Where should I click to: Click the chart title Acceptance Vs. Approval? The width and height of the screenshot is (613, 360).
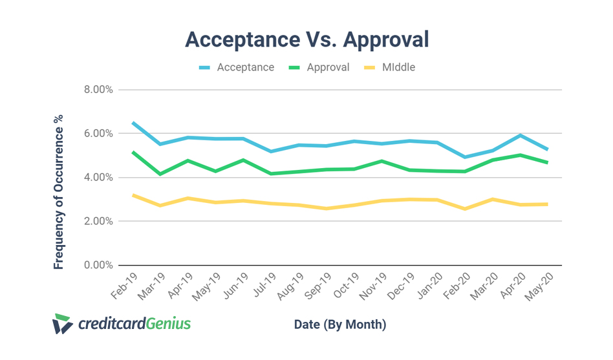(306, 39)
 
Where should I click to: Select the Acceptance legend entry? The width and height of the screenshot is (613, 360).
(245, 67)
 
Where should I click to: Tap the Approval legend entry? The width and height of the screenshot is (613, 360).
(328, 67)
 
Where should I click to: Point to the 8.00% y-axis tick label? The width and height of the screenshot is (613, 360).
(98, 90)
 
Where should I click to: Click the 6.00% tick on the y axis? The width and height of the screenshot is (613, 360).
(98, 134)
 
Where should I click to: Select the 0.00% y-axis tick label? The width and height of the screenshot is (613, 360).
(98, 265)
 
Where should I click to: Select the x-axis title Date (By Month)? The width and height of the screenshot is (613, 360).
(339, 324)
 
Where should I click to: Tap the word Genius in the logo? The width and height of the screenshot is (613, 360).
(167, 323)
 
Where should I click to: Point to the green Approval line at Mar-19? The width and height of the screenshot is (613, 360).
(160, 174)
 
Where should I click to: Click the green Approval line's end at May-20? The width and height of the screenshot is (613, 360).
(548, 162)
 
